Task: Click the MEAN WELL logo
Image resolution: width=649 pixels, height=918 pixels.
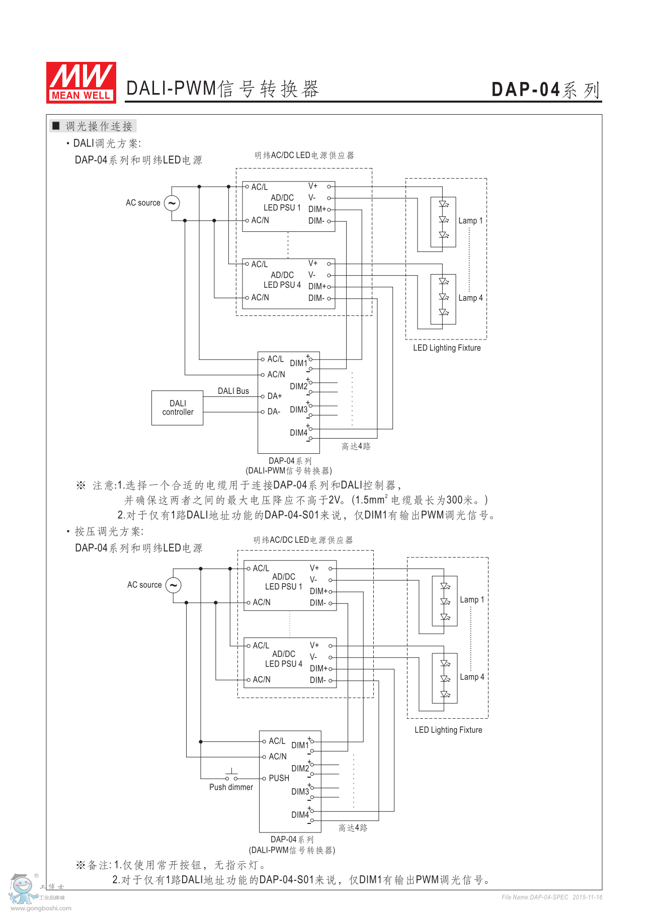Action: pyautogui.click(x=81, y=82)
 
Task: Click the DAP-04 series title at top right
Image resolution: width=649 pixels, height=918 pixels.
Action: pyautogui.click(x=546, y=90)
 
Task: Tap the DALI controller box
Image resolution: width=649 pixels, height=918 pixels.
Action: pyautogui.click(x=178, y=408)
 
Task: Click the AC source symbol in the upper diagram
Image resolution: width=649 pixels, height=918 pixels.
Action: pyautogui.click(x=172, y=203)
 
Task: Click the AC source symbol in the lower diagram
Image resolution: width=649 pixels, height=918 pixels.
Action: pyautogui.click(x=174, y=585)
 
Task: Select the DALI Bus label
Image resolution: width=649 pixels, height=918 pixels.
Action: pyautogui.click(x=233, y=391)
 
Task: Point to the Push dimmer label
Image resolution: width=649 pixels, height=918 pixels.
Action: pyautogui.click(x=231, y=787)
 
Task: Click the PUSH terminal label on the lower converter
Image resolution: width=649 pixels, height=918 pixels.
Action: pyautogui.click(x=279, y=778)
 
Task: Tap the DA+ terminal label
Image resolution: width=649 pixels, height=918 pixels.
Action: pyautogui.click(x=275, y=396)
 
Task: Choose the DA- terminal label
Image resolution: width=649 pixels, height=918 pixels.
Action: pyautogui.click(x=274, y=411)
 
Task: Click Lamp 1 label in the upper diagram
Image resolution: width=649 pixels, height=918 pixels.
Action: pyautogui.click(x=470, y=221)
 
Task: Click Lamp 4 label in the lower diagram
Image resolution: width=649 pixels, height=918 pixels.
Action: pyautogui.click(x=472, y=677)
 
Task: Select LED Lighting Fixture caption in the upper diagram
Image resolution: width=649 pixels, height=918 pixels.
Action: pyautogui.click(x=447, y=348)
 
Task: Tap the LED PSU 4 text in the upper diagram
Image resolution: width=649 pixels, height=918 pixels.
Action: pyautogui.click(x=282, y=285)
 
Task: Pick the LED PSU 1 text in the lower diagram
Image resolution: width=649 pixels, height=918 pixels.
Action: pyautogui.click(x=284, y=587)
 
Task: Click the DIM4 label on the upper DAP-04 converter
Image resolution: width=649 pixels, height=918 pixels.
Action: pyautogui.click(x=298, y=433)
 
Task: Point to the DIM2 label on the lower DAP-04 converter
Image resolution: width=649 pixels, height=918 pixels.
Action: pyautogui.click(x=300, y=769)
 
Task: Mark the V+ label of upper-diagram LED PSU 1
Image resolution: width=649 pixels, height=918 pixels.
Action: pyautogui.click(x=313, y=186)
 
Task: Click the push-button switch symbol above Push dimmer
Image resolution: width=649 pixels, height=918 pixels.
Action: pyautogui.click(x=231, y=775)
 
